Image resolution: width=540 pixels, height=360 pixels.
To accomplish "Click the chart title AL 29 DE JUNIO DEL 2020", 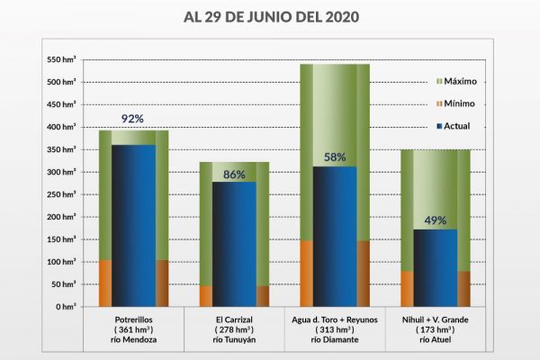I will pos(270,17).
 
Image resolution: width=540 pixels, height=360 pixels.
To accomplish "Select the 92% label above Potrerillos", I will pos(133,118).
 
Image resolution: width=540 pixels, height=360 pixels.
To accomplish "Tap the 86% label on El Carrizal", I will pos(234,175).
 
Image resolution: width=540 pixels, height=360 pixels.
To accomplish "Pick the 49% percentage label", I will pos(436,220).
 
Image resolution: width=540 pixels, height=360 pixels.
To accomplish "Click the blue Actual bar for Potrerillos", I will pos(133,225).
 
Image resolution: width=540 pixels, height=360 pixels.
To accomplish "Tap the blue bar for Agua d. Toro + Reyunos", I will pos(335,237).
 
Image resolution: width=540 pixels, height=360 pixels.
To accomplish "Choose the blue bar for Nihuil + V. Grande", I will pos(436,268).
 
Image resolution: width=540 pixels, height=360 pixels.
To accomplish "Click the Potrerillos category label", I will pos(133,320).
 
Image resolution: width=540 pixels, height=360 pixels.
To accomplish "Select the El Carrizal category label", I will pos(234,320).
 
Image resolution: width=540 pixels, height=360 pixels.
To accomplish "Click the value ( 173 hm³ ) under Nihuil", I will pos(436,330).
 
